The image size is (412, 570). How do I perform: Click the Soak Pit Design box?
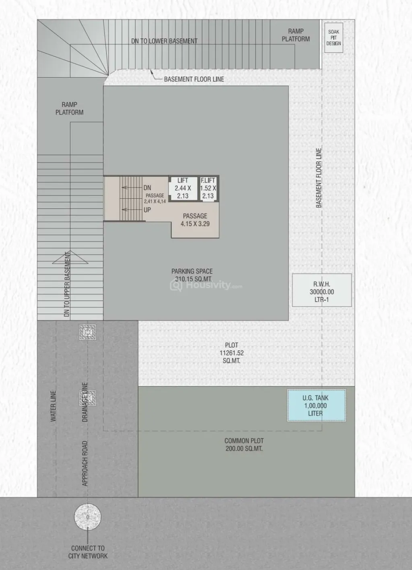334,38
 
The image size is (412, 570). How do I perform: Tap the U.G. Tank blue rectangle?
316,405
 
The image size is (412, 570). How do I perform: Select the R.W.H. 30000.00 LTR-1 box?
322,290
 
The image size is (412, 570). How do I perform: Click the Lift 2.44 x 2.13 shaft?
183,188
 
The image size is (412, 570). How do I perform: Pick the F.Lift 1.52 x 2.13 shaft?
208,188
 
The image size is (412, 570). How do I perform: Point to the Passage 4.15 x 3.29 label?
195,220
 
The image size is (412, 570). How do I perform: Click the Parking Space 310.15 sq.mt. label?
192,275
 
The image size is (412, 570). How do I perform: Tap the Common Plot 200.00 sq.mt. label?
244,444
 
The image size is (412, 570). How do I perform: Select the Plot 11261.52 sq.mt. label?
232,353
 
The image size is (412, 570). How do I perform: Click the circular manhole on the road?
88,517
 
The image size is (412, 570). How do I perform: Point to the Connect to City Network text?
88,552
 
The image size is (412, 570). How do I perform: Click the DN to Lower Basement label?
165,41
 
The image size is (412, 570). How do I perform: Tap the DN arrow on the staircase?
132,187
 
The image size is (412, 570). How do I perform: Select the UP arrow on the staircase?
132,210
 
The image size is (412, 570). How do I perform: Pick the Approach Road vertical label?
85,463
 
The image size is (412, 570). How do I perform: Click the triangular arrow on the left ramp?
70,257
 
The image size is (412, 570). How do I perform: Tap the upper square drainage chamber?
88,332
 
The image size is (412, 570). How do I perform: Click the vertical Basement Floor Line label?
319,178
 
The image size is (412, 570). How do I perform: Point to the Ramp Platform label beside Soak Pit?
296,35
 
